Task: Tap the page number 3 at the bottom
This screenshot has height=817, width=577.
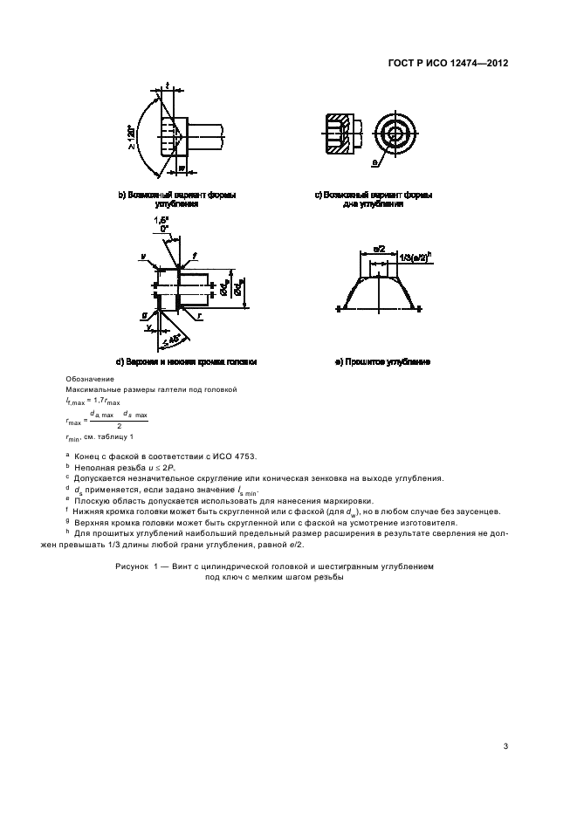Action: (x=506, y=745)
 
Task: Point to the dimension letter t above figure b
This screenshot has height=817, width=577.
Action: (x=166, y=86)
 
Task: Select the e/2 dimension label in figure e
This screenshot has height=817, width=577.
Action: (x=379, y=250)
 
